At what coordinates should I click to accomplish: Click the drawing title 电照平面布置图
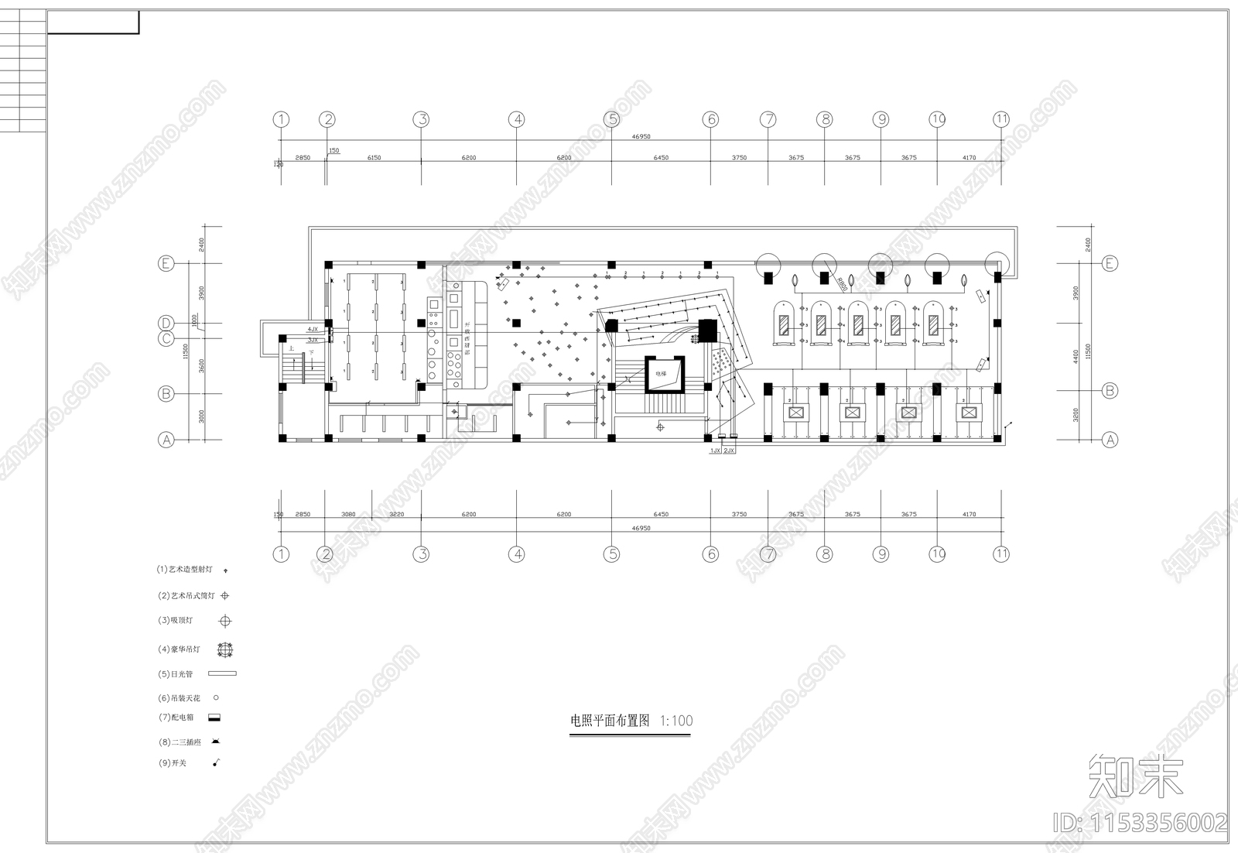(610, 721)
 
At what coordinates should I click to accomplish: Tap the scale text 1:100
(676, 721)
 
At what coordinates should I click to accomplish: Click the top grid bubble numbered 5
(612, 119)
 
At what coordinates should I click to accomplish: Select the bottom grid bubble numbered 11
(1001, 553)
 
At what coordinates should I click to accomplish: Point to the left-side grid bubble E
(166, 263)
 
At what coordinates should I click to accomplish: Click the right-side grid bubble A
(1110, 440)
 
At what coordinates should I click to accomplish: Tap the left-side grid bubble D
(166, 323)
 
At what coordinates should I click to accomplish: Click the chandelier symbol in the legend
(225, 649)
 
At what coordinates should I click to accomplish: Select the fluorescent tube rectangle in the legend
(222, 673)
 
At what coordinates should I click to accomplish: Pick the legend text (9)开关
(173, 763)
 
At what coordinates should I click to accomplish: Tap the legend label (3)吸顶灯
(176, 620)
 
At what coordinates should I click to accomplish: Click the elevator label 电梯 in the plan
(660, 373)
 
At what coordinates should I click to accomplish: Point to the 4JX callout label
(312, 330)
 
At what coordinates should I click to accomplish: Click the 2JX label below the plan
(729, 450)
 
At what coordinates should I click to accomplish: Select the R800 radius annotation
(841, 284)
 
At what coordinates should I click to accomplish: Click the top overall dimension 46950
(641, 136)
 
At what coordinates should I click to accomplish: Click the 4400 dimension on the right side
(1076, 356)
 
